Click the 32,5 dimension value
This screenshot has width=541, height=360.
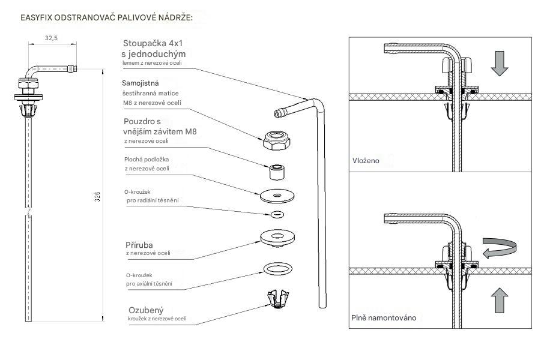coord(51,38)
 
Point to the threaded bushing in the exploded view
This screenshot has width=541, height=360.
coord(276,173)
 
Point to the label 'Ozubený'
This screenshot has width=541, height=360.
coord(146,310)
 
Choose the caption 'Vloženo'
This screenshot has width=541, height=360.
coord(366,161)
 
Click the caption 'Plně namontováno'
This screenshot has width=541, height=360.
coord(383,317)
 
